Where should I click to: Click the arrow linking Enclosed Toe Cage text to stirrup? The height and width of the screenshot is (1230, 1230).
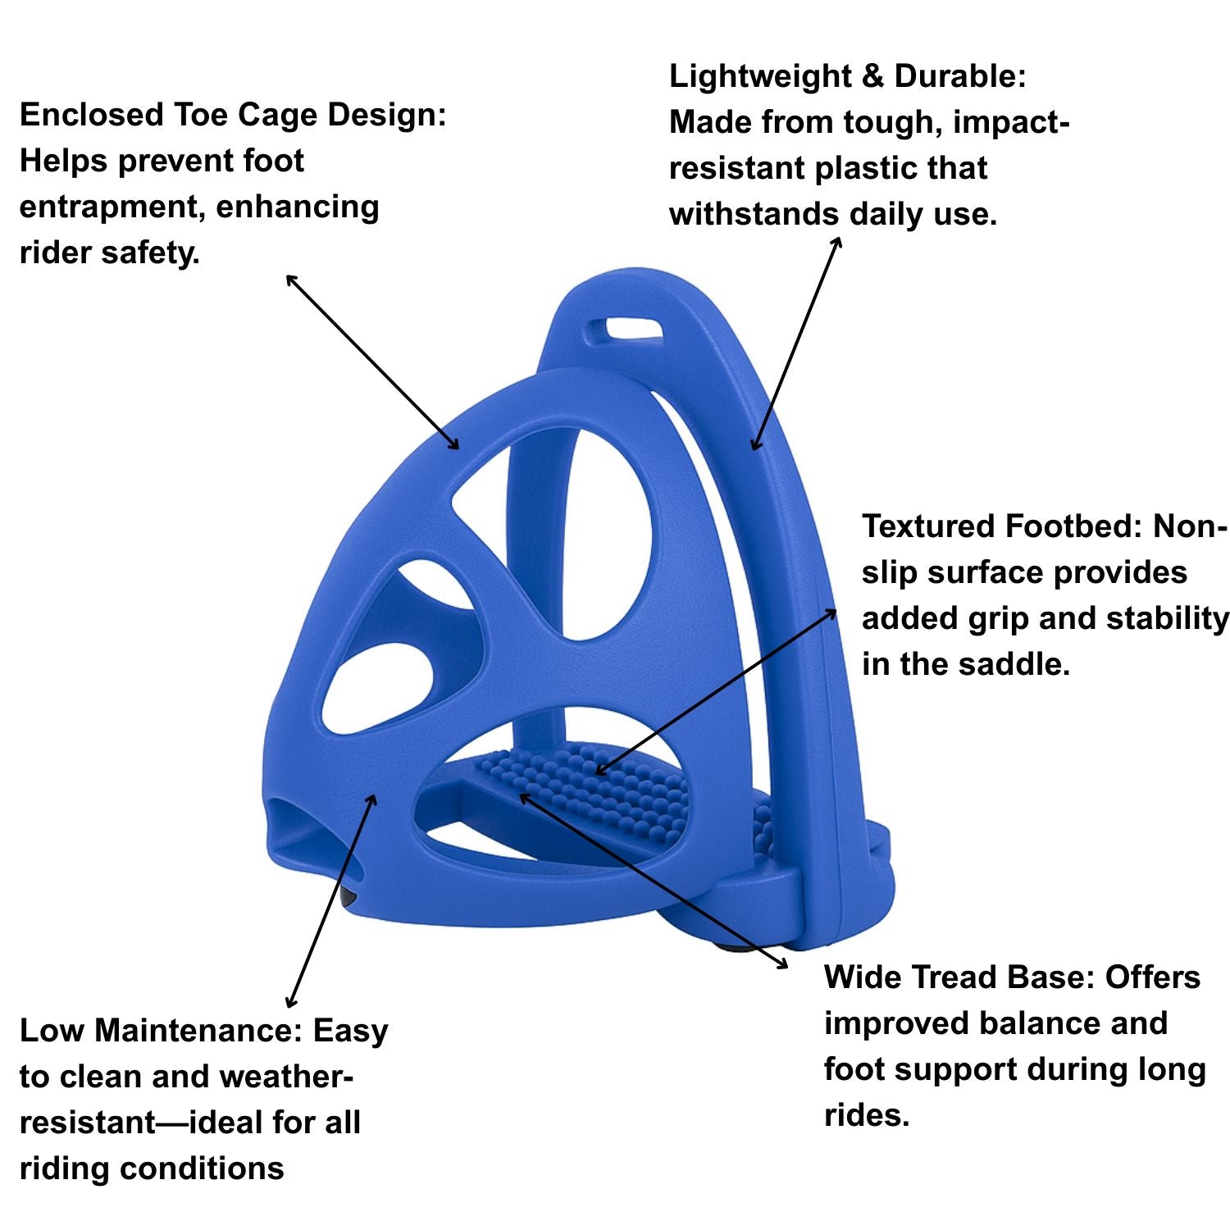[x=371, y=362]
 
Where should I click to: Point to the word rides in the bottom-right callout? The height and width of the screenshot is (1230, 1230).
[x=865, y=1115]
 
